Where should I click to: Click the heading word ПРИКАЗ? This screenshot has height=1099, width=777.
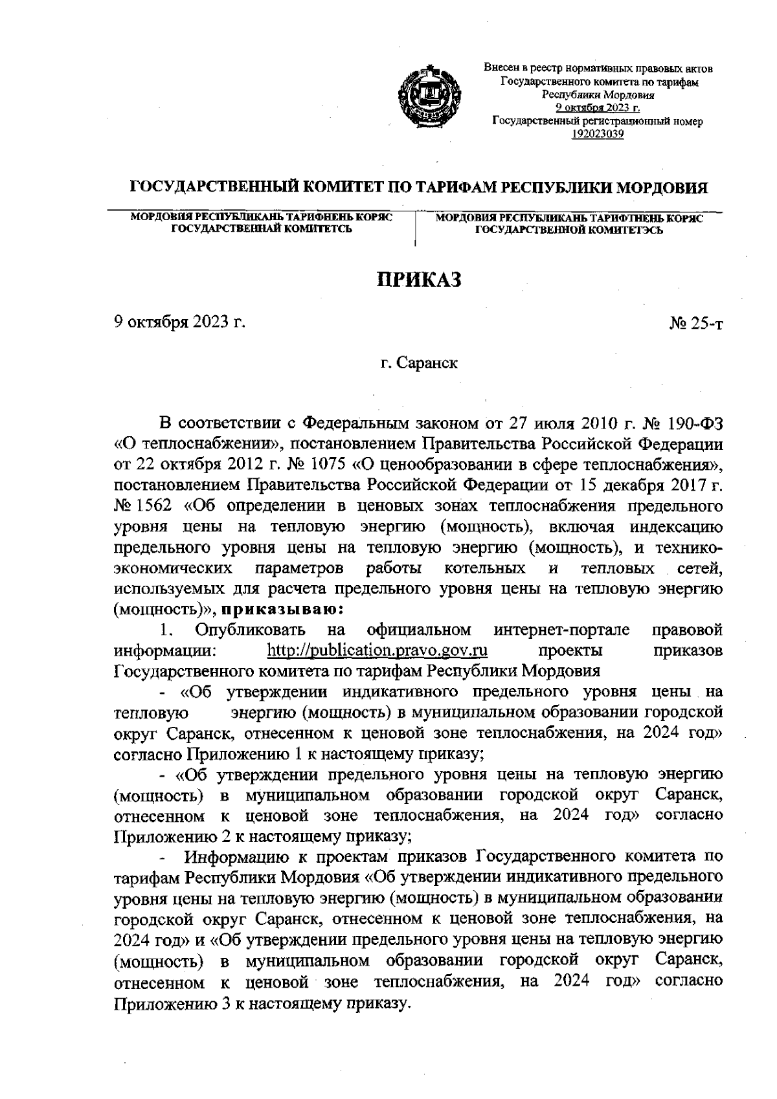[x=420, y=280]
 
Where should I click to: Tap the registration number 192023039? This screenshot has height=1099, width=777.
[x=598, y=134]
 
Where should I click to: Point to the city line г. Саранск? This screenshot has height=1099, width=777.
[x=419, y=363]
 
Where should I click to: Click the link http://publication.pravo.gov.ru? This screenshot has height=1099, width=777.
[x=377, y=650]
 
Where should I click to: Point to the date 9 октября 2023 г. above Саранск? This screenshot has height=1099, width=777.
[x=179, y=322]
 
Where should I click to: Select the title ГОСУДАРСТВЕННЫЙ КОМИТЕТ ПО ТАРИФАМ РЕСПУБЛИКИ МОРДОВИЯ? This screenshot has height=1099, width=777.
[x=419, y=188]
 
